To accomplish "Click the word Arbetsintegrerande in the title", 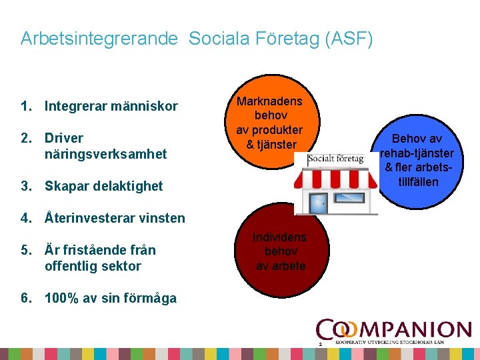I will (99, 39).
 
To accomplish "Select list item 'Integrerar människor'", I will (111, 106).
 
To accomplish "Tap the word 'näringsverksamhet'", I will (105, 154).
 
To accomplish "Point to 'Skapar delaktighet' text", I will (103, 186).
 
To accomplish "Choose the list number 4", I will (26, 218).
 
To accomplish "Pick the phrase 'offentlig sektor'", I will (93, 266).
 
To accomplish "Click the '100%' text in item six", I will (62, 298).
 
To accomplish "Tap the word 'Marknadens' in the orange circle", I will (269, 101).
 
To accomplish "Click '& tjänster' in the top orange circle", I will (269, 144).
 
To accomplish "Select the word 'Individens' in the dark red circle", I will (280, 237).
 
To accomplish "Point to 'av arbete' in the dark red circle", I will (281, 266).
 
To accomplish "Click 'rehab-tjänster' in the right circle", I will (417, 153).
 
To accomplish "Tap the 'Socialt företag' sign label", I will (337, 159).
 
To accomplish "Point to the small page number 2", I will (321, 344).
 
